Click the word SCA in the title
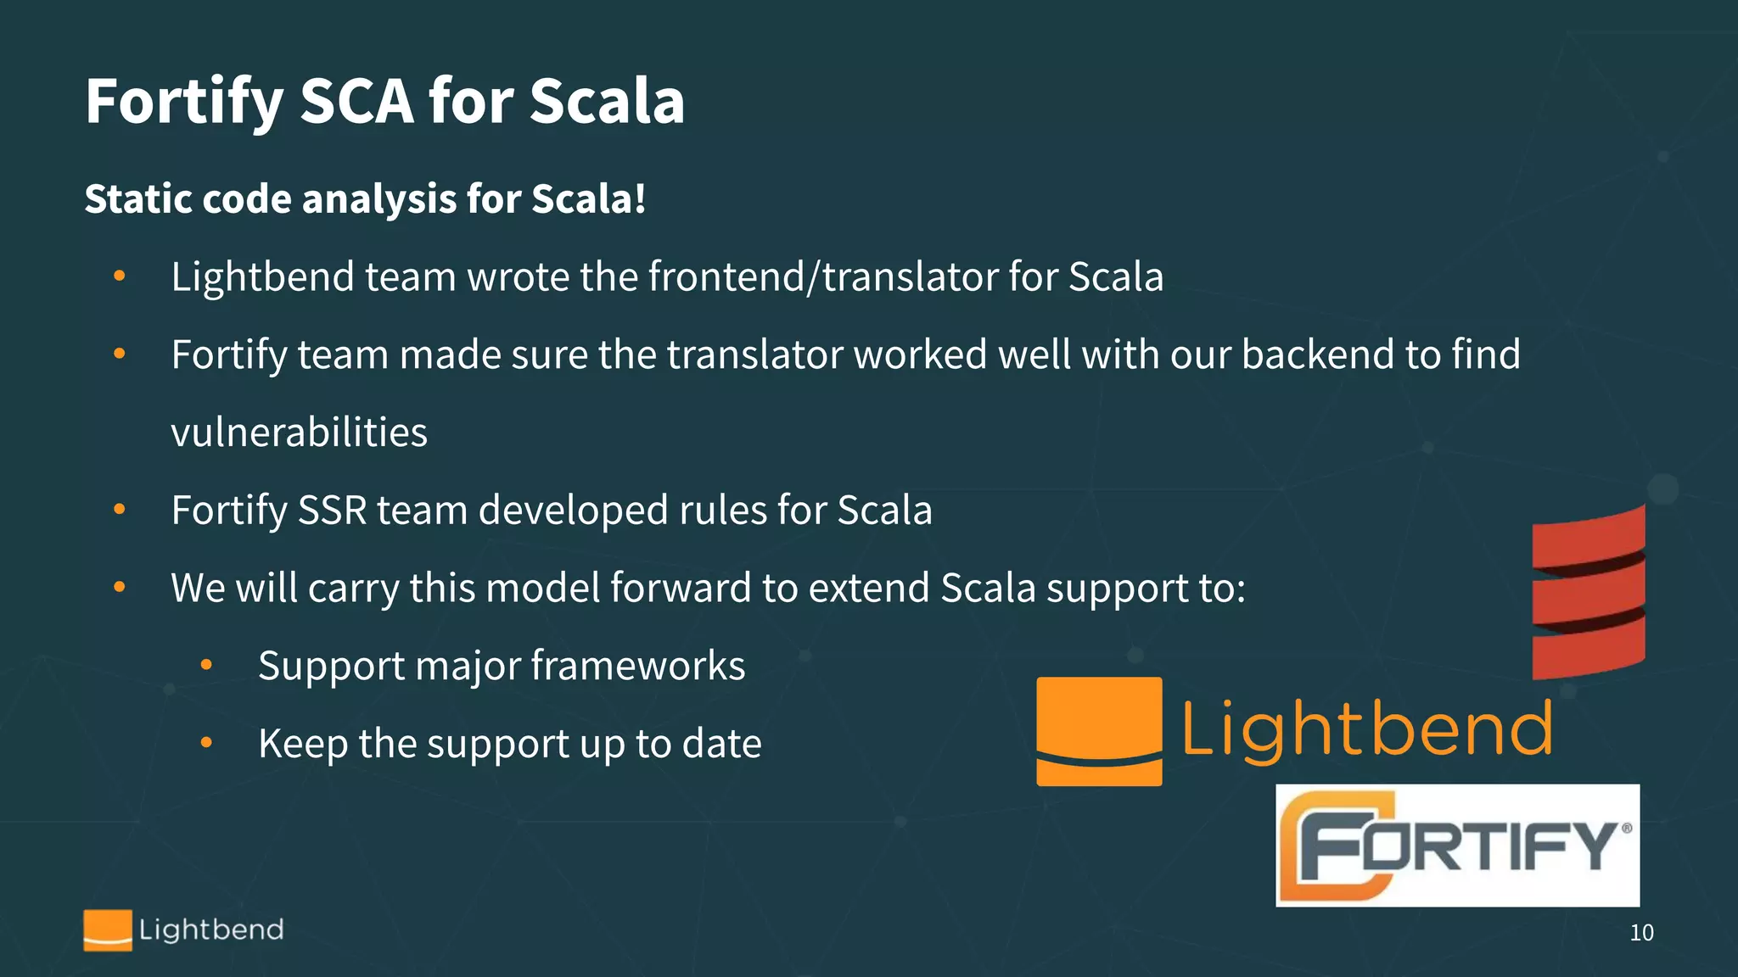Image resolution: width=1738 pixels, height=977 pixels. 356,102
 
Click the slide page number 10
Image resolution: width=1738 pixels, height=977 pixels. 1641,933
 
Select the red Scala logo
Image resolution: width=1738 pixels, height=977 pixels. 1588,593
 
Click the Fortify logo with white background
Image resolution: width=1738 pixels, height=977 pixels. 1457,846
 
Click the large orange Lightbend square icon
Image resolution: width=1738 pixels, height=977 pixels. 1099,731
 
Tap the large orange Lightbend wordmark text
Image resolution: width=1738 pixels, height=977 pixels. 1367,729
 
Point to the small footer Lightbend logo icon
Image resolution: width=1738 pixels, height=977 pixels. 108,930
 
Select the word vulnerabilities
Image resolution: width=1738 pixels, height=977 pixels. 299,433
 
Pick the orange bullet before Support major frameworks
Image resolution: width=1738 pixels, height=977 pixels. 206,666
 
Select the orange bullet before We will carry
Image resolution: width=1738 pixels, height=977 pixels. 120,587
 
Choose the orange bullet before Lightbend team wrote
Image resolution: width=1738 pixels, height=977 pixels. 120,276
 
